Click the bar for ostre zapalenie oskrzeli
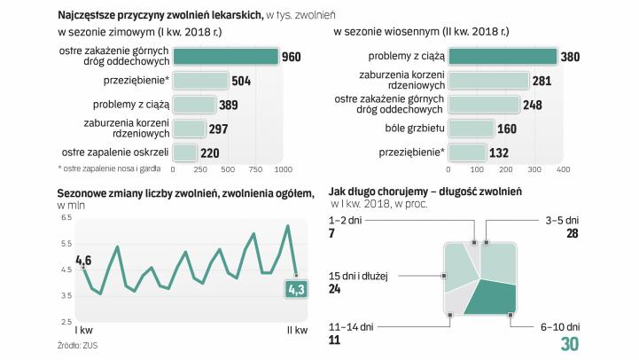pyautogui.click(x=184, y=153)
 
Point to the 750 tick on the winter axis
pyautogui.click(x=255, y=168)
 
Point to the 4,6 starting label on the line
pyautogui.click(x=84, y=260)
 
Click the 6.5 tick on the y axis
pyautogui.click(x=65, y=217)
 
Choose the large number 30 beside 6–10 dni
pyautogui.click(x=570, y=343)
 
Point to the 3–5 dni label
pyautogui.click(x=563, y=219)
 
